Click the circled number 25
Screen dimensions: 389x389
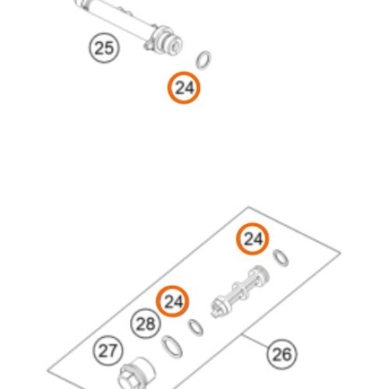click(x=104, y=48)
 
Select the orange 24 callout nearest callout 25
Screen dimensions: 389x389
click(x=184, y=88)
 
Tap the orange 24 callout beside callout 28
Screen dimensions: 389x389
click(x=173, y=301)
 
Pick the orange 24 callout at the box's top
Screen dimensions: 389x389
click(x=252, y=239)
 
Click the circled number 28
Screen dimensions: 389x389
click(x=145, y=324)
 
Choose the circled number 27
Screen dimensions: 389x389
click(x=108, y=351)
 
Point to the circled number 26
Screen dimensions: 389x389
click(x=282, y=354)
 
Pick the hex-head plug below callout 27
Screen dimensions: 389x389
click(x=136, y=373)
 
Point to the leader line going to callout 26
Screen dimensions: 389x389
click(x=255, y=342)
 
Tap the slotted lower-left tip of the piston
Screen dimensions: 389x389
click(x=216, y=309)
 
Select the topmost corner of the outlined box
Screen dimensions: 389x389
click(x=248, y=207)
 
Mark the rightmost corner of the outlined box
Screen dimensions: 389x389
click(x=341, y=252)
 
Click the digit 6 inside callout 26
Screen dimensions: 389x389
click(x=287, y=355)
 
